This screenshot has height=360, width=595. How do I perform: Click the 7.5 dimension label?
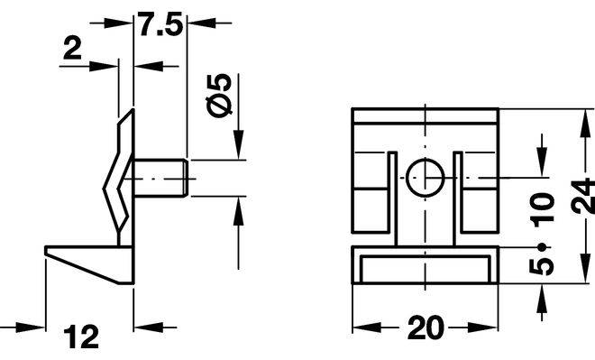[160, 24]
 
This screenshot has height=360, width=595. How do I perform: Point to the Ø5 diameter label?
[219, 95]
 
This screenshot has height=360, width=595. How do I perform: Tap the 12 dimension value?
[81, 336]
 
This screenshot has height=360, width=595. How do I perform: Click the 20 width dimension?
[425, 328]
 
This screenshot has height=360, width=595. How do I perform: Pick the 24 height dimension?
[583, 197]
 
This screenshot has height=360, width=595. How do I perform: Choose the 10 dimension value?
[542, 210]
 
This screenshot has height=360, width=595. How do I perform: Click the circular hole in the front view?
[425, 178]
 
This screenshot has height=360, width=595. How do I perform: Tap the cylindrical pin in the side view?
[160, 178]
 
